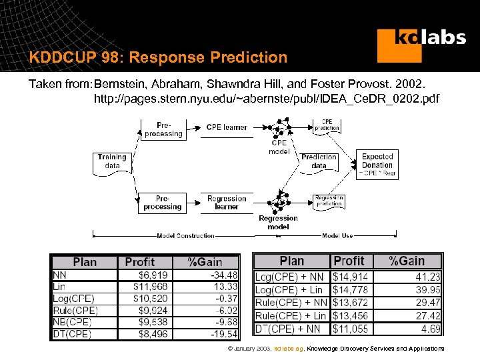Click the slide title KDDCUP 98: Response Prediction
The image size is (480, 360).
pyautogui.click(x=158, y=57)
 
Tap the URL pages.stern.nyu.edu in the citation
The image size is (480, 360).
pyautogui.click(x=267, y=99)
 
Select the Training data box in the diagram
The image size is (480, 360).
pyautogui.click(x=112, y=161)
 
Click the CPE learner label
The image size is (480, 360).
pyautogui.click(x=227, y=127)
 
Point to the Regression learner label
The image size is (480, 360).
pyautogui.click(x=227, y=203)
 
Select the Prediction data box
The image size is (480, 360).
pyautogui.click(x=319, y=161)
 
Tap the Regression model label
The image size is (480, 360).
pyautogui.click(x=278, y=223)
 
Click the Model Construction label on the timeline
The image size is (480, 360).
pyautogui.click(x=185, y=235)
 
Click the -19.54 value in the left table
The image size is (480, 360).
pyautogui.click(x=223, y=333)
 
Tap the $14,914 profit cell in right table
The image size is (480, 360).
pyautogui.click(x=350, y=276)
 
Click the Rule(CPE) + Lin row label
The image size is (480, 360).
pyautogui.click(x=291, y=315)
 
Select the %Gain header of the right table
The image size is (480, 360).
pyautogui.click(x=407, y=261)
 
